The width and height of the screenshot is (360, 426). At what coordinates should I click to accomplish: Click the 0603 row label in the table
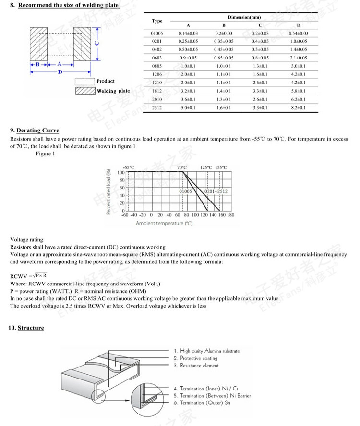point(157,58)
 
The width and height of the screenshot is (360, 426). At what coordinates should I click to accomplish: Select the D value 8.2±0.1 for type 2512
point(299,108)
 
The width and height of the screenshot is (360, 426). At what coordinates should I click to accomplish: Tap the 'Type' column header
point(157,21)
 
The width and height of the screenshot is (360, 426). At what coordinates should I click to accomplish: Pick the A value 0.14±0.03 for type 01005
point(188,33)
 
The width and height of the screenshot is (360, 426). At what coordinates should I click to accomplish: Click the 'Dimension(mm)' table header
point(244,17)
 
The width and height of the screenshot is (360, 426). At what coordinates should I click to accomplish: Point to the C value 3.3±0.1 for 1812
point(260,91)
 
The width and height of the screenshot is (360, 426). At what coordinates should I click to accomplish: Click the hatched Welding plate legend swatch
point(85,91)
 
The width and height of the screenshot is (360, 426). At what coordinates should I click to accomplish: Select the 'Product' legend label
point(106,81)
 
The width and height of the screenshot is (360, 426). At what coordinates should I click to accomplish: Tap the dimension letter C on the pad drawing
point(96,43)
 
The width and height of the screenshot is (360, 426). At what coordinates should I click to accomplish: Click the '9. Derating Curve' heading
point(34,130)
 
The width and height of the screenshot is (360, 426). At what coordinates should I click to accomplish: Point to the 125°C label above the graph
point(207,167)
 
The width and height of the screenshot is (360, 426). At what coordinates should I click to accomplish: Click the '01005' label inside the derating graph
point(185,191)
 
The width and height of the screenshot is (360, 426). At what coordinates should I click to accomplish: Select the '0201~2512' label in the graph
point(216,191)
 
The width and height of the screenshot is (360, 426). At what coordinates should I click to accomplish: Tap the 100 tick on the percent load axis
point(121,172)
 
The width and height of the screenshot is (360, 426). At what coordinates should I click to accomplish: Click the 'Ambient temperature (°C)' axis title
point(164,224)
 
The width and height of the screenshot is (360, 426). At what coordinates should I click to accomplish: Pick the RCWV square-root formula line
point(28,275)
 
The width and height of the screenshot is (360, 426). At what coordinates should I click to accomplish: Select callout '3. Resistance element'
point(196,366)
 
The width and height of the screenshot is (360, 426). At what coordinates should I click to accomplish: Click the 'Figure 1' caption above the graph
point(45,154)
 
